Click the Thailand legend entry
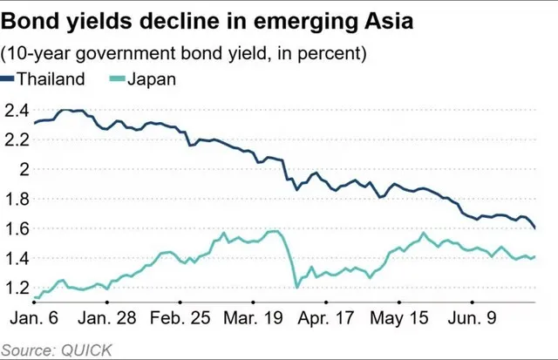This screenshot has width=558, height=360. pos(43,78)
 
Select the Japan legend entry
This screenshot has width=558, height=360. pos(142,79)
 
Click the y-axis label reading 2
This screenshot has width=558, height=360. pos(24,170)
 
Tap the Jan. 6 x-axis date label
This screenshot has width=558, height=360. pos(34,317)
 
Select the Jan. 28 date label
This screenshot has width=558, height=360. pos(107,317)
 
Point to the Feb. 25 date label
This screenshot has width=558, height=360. pos(180,317)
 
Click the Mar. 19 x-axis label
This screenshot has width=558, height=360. pos(253,317)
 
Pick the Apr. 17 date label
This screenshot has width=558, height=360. pos(326,318)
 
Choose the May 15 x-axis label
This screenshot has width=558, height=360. pos(399,318)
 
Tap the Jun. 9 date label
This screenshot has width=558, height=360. pos(473,317)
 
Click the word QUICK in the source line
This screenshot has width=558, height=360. pos(87,350)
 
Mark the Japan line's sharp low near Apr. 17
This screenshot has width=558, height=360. pos(296,287)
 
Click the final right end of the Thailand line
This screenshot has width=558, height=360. pos(535,228)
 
